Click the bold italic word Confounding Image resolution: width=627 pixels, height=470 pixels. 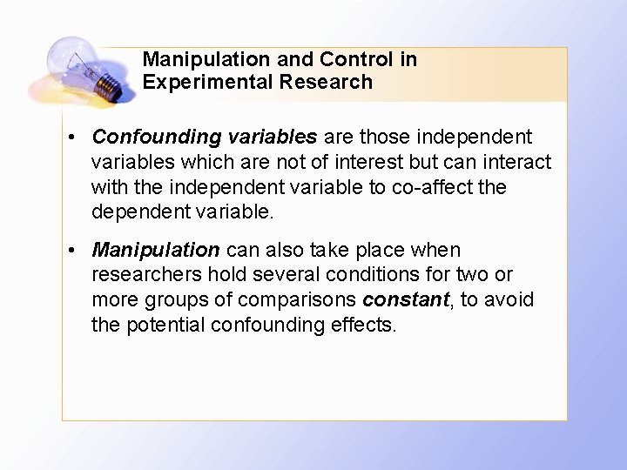(145, 138)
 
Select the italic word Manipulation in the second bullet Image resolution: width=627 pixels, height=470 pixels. (156, 251)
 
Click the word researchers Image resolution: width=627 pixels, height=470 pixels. (146, 275)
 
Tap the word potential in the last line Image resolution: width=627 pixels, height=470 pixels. (159, 326)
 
